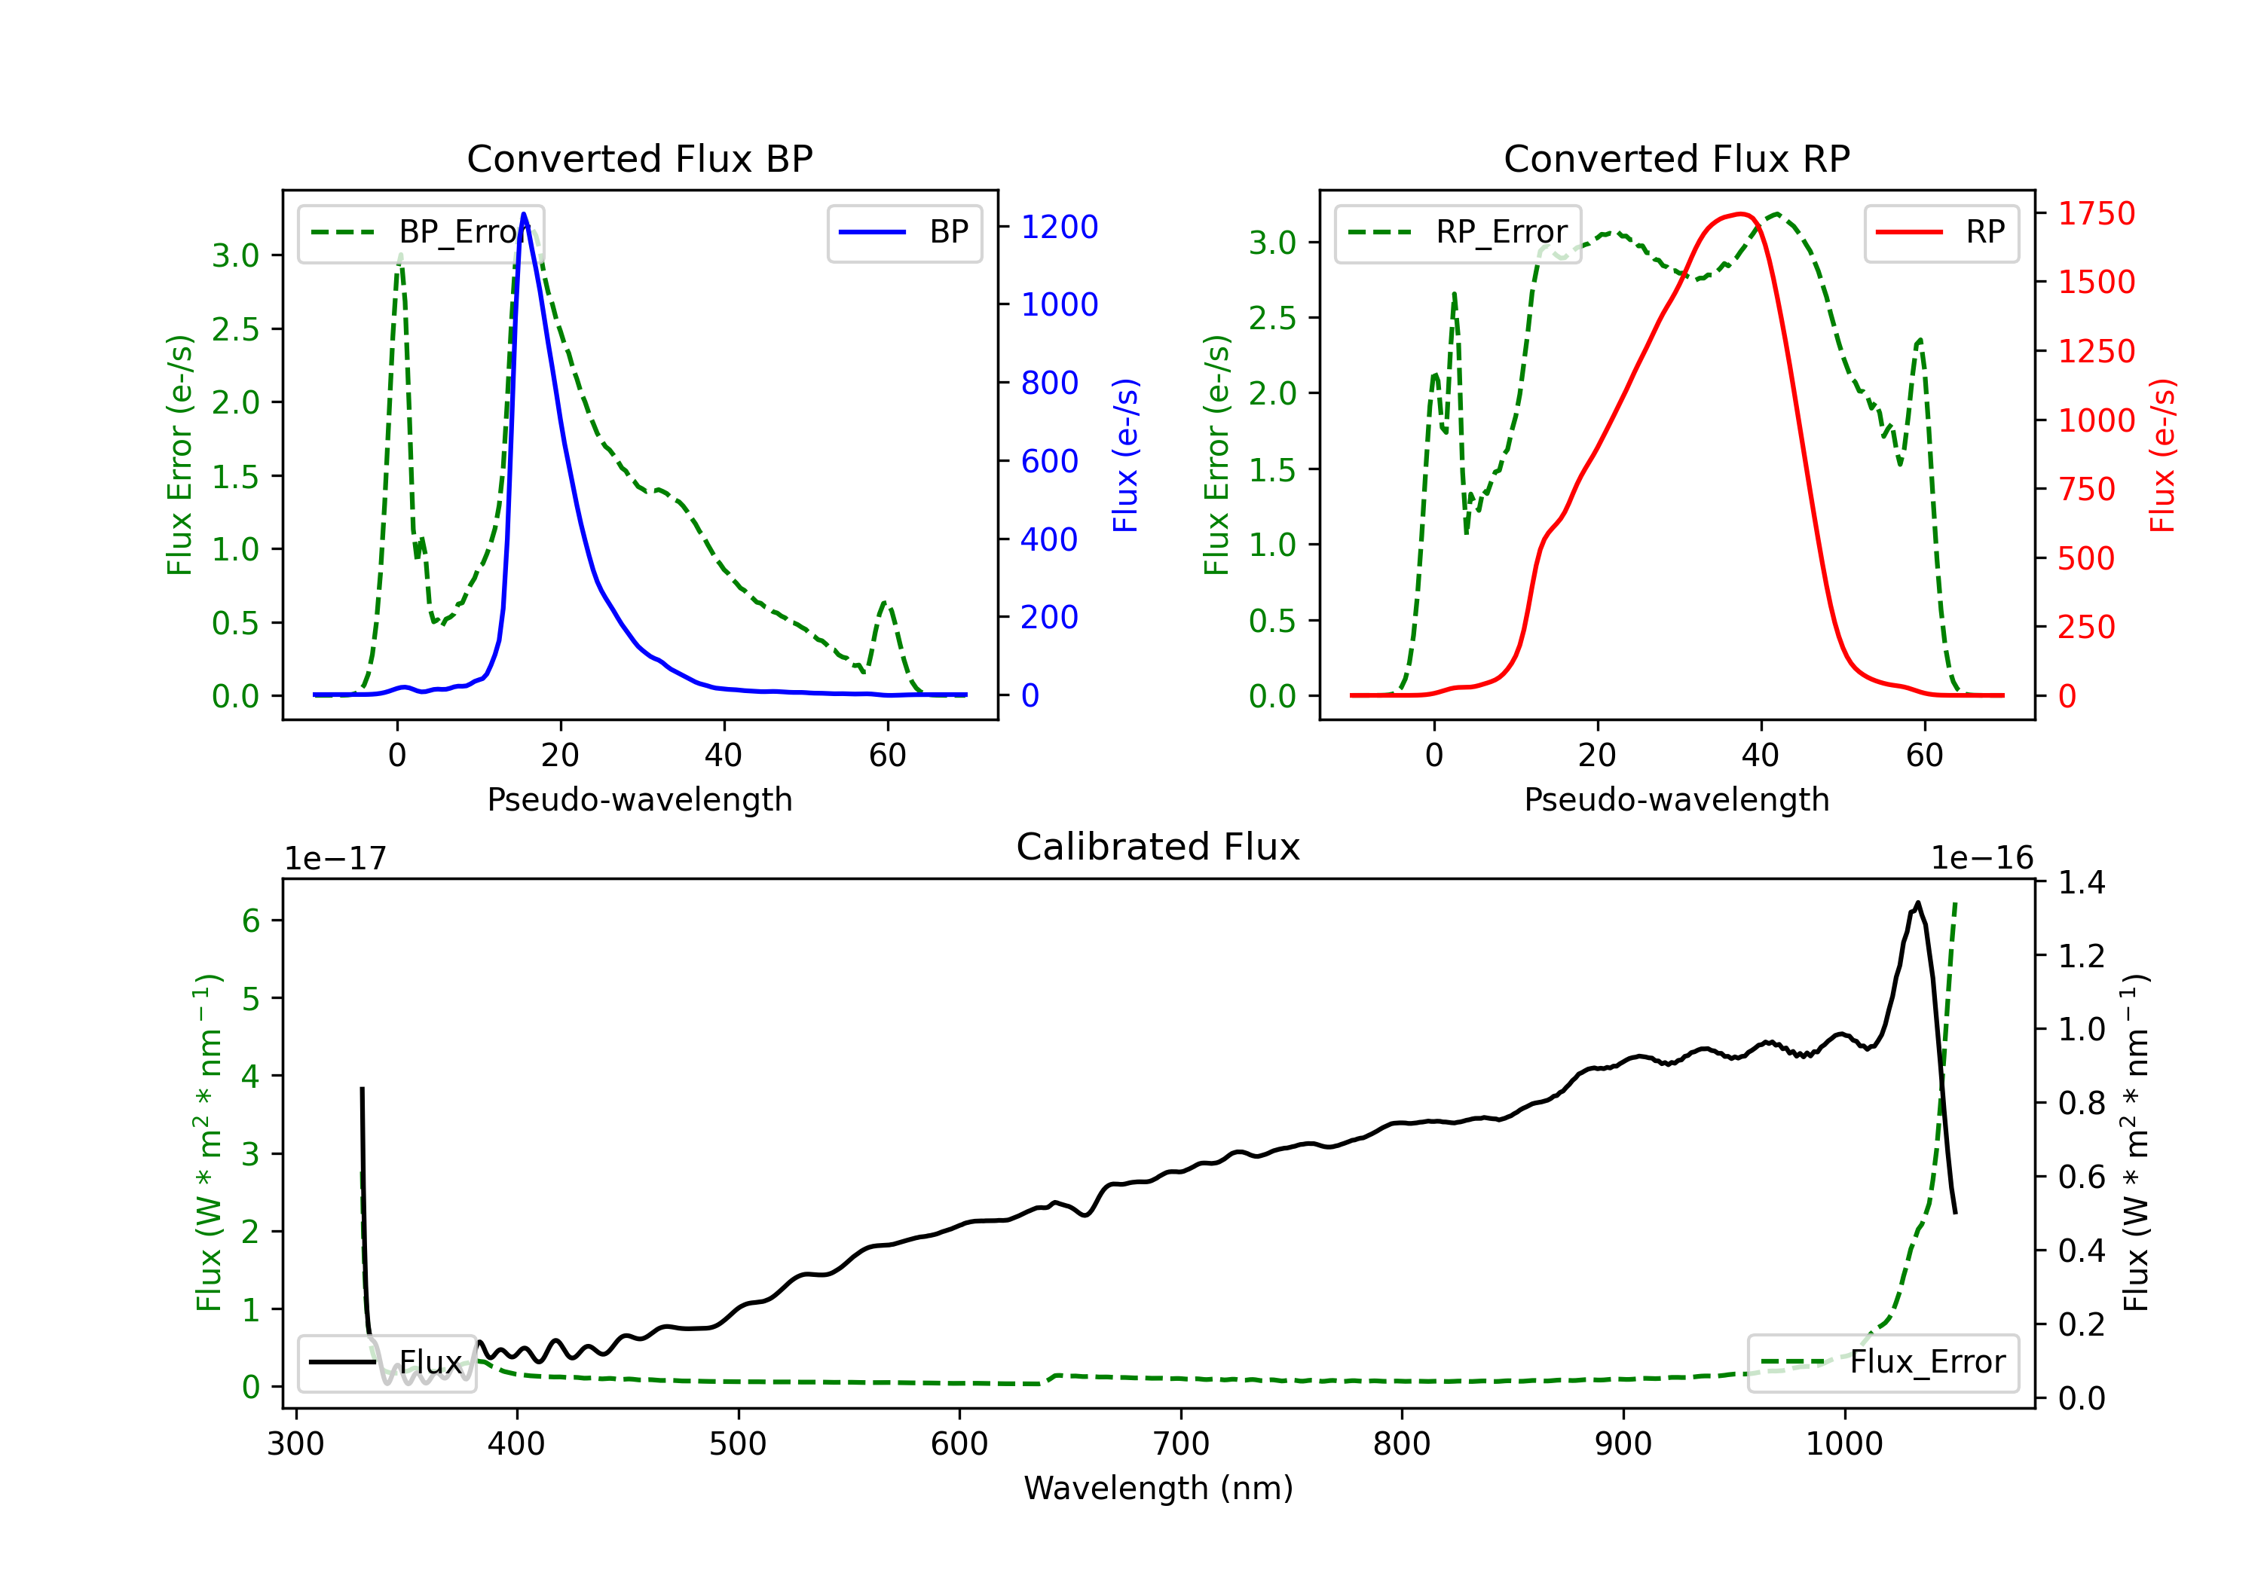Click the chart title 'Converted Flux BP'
(640, 158)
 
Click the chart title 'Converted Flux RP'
(1677, 158)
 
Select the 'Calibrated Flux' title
(1158, 847)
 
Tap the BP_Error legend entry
(421, 232)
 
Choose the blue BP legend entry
(904, 232)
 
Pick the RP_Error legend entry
(1458, 232)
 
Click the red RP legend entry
(1941, 232)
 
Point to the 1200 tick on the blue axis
(1060, 228)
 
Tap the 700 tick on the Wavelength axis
(1181, 1444)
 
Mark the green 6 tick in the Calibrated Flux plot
(251, 921)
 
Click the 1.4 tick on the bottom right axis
(2082, 882)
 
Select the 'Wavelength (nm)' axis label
(1158, 1488)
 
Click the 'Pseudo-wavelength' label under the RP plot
(1677, 799)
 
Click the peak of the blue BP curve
(524, 214)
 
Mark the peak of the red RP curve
(1741, 214)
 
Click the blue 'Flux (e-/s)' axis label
(1125, 456)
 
